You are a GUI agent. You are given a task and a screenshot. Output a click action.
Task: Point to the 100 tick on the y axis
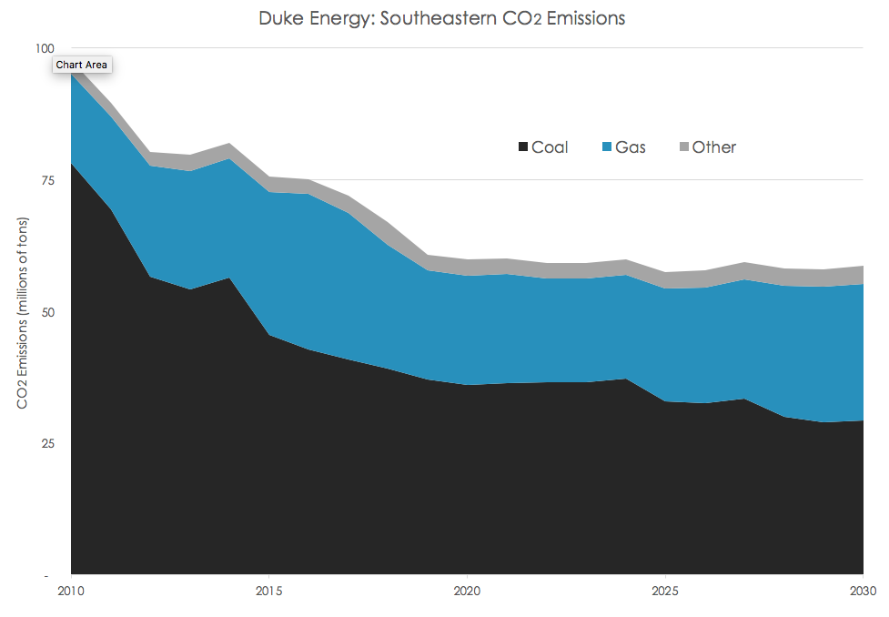45,48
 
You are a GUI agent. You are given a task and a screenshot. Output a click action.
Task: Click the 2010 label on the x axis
71,591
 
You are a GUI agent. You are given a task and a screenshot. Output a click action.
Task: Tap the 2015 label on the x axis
268,591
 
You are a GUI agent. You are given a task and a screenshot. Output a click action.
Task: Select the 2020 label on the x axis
467,591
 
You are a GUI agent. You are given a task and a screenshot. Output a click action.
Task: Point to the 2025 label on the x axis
665,591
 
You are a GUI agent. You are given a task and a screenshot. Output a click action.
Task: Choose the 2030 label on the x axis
863,591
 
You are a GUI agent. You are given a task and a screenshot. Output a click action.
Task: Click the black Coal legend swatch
523,147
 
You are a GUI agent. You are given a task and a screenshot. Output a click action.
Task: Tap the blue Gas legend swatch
607,147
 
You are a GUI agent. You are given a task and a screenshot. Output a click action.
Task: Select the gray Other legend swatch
684,147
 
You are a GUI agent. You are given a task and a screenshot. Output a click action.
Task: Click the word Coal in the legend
550,147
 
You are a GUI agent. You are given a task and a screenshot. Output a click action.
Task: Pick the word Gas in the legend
631,147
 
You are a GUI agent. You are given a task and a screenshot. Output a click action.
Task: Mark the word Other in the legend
714,147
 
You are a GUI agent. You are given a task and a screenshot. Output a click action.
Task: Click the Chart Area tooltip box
82,65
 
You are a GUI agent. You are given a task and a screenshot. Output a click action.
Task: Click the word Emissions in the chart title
580,18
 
